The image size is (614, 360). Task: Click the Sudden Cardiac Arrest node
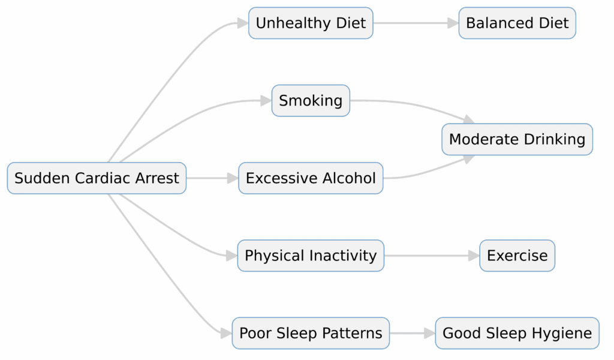(x=97, y=178)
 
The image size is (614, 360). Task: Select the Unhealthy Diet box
(x=311, y=23)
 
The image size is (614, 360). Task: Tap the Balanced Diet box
(x=517, y=23)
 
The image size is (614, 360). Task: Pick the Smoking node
(x=311, y=101)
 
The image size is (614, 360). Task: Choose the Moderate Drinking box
(x=517, y=139)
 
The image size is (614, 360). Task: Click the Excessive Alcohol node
(x=311, y=178)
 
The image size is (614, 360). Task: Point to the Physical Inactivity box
(x=311, y=256)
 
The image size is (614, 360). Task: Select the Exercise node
(x=517, y=256)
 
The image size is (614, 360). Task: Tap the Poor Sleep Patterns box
(x=311, y=333)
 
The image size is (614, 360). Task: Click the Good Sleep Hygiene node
(x=517, y=333)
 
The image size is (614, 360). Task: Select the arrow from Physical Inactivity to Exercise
(x=432, y=256)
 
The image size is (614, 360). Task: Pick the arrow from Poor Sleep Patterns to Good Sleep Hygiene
(x=413, y=333)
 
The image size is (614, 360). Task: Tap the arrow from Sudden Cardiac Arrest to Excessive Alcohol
(x=212, y=178)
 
